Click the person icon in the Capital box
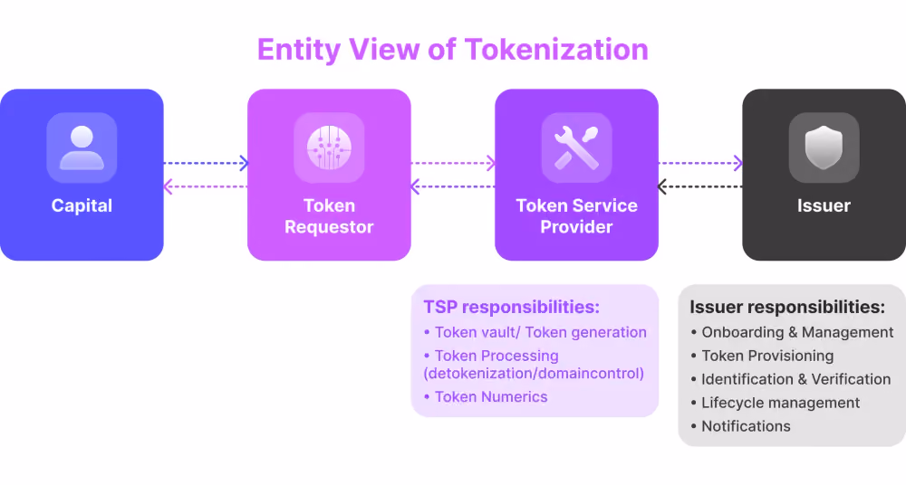click(x=82, y=147)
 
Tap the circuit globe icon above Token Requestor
click(x=330, y=147)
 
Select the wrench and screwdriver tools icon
click(x=576, y=147)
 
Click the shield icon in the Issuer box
click(x=824, y=147)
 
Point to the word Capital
click(x=82, y=205)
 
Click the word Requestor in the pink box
click(x=330, y=227)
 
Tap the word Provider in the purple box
click(x=576, y=227)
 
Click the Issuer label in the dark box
click(x=824, y=205)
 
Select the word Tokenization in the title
click(x=557, y=49)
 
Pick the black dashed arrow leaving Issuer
click(x=700, y=186)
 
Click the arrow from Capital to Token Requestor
click(x=206, y=163)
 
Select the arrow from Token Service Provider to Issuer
click(x=700, y=163)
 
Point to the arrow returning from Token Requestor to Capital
click(x=206, y=186)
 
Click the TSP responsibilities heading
click(x=511, y=307)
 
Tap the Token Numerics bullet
click(x=486, y=396)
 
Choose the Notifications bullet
click(x=741, y=426)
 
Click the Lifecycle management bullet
click(x=776, y=403)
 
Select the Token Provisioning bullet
click(x=762, y=356)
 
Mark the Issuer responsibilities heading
click(x=787, y=307)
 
